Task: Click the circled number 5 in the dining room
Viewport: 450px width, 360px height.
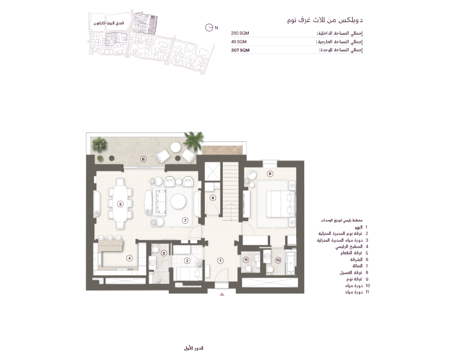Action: coord(120,204)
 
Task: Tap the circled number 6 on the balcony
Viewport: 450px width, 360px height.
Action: coord(143,159)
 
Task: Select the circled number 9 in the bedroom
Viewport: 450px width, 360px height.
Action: coord(270,174)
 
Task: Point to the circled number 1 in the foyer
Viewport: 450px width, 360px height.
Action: coord(220,261)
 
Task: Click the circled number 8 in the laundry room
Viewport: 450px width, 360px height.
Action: coord(213,198)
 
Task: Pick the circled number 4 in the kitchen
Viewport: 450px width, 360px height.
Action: coord(130,258)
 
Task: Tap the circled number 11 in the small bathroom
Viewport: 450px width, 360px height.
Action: coord(246,260)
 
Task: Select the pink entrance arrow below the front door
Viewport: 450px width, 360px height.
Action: coord(222,294)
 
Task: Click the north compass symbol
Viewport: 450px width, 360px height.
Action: coord(209,27)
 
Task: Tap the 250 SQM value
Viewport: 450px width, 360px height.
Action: coord(240,33)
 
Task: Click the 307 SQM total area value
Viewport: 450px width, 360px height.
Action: coord(240,50)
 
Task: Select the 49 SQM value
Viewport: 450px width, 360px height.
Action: coord(239,42)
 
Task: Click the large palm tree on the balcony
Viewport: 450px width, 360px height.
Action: coord(193,140)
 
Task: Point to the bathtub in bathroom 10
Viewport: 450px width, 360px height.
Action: coord(290,262)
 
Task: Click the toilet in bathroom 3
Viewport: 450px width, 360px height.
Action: coord(155,250)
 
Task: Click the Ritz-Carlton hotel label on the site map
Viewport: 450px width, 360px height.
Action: coord(108,23)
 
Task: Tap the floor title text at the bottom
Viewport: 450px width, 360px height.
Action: coord(193,348)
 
